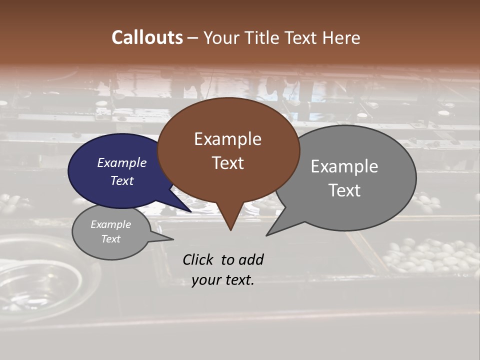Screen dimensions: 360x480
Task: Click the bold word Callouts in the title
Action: pos(147,37)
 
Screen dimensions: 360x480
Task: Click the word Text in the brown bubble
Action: pos(227,162)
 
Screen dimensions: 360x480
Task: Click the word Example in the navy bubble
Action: pos(122,162)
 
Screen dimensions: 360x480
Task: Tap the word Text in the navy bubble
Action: pos(122,180)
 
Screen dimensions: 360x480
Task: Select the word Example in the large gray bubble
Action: pos(344,166)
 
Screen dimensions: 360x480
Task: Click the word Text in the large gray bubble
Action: pos(344,190)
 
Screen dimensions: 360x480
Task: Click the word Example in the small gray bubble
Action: pos(111,224)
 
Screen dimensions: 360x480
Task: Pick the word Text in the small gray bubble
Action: pos(111,239)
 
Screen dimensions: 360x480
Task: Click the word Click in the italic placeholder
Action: pos(198,259)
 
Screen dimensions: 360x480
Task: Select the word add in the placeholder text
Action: pos(251,259)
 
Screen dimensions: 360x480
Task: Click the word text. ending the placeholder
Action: pos(239,280)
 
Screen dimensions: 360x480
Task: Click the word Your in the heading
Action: pos(221,37)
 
